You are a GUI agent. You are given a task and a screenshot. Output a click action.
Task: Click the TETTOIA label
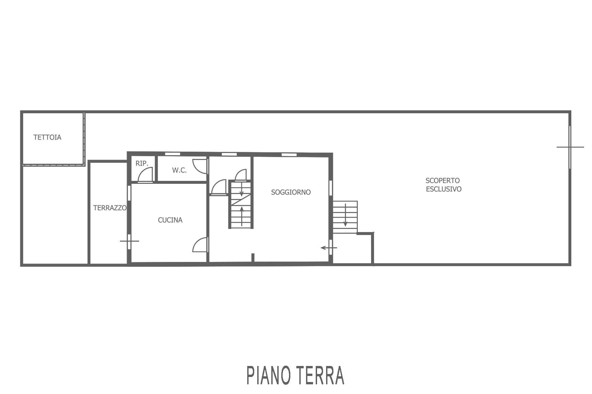click(47, 137)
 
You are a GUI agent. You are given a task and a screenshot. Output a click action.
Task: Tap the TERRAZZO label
click(110, 208)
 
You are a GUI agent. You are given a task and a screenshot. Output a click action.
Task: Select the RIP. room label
click(142, 163)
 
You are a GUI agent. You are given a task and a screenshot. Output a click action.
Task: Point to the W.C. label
click(179, 170)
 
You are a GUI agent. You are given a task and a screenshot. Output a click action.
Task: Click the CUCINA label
click(170, 220)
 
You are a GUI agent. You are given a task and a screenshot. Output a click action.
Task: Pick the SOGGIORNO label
click(291, 192)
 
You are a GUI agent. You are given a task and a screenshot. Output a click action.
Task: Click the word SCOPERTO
click(442, 180)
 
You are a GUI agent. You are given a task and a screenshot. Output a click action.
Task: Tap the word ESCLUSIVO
click(444, 189)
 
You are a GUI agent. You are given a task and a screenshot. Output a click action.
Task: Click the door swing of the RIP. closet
click(146, 175)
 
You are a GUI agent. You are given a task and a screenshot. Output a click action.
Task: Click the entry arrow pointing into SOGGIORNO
click(329, 248)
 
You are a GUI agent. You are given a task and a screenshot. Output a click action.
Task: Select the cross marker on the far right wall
click(570, 147)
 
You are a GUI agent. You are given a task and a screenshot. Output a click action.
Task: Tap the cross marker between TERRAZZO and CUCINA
click(129, 241)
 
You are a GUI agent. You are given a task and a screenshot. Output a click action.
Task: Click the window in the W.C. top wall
click(173, 154)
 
